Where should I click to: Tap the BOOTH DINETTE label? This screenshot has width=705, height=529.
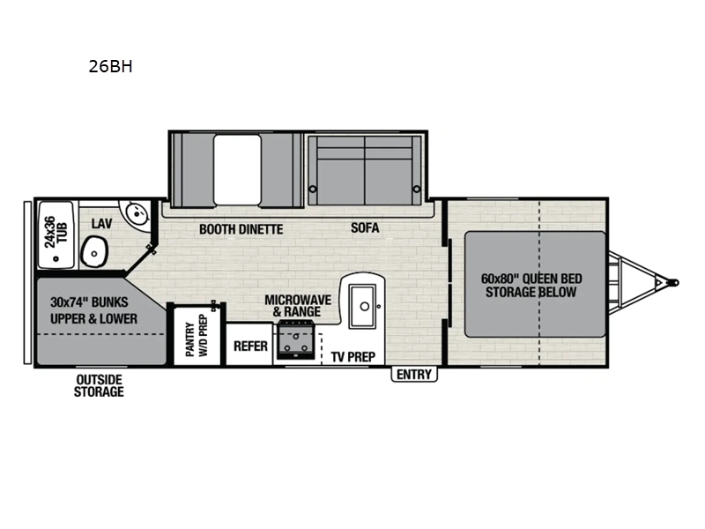coord(241,229)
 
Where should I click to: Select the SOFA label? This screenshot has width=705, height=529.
coord(365,228)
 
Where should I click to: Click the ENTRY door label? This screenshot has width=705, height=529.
coord(414,375)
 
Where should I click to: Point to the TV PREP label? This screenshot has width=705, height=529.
coord(353,357)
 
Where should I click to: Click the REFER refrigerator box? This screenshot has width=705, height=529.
coord(250,346)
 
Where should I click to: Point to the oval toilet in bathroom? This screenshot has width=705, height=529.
coord(93,253)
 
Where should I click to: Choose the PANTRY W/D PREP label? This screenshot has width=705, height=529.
coord(195,336)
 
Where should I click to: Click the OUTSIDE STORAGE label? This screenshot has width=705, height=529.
coord(99,385)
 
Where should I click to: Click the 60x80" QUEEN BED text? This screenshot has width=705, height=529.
coord(531,279)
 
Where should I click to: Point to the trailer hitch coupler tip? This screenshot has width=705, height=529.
coord(674,283)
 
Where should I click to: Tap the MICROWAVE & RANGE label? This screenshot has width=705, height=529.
coord(298,306)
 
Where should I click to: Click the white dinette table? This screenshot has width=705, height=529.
coord(238,168)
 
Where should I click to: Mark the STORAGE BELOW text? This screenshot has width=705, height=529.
coord(531,293)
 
